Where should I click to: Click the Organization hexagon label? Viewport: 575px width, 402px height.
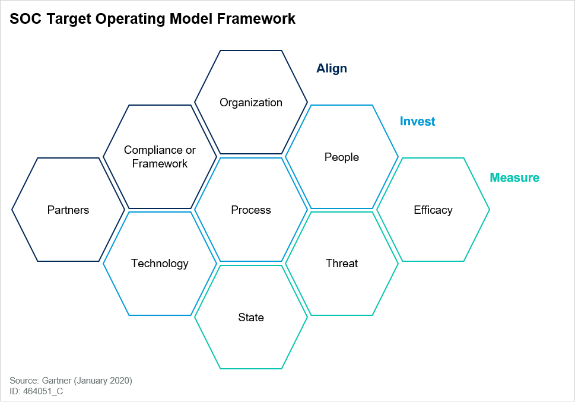pyautogui.click(x=251, y=103)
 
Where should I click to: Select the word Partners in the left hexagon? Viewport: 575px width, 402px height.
pyautogui.click(x=68, y=210)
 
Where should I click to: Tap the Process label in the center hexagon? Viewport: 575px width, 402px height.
pyautogui.click(x=251, y=210)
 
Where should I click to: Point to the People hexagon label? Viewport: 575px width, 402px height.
pyautogui.click(x=342, y=157)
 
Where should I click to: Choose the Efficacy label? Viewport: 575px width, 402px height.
pyautogui.click(x=433, y=210)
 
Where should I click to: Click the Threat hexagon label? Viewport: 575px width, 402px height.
pyautogui.click(x=342, y=264)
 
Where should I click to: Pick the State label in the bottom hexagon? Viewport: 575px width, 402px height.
pyautogui.click(x=251, y=318)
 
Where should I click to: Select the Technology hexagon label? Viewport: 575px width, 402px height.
pyautogui.click(x=160, y=264)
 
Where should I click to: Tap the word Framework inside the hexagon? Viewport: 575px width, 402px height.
pyautogui.click(x=160, y=164)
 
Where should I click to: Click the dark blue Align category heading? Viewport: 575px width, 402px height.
pyautogui.click(x=332, y=68)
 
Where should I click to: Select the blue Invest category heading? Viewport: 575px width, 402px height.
pyautogui.click(x=417, y=122)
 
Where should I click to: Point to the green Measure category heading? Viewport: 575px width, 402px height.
pyautogui.click(x=514, y=178)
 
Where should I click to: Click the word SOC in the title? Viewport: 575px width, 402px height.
pyautogui.click(x=24, y=20)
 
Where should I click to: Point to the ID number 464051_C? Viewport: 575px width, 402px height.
pyautogui.click(x=43, y=391)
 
